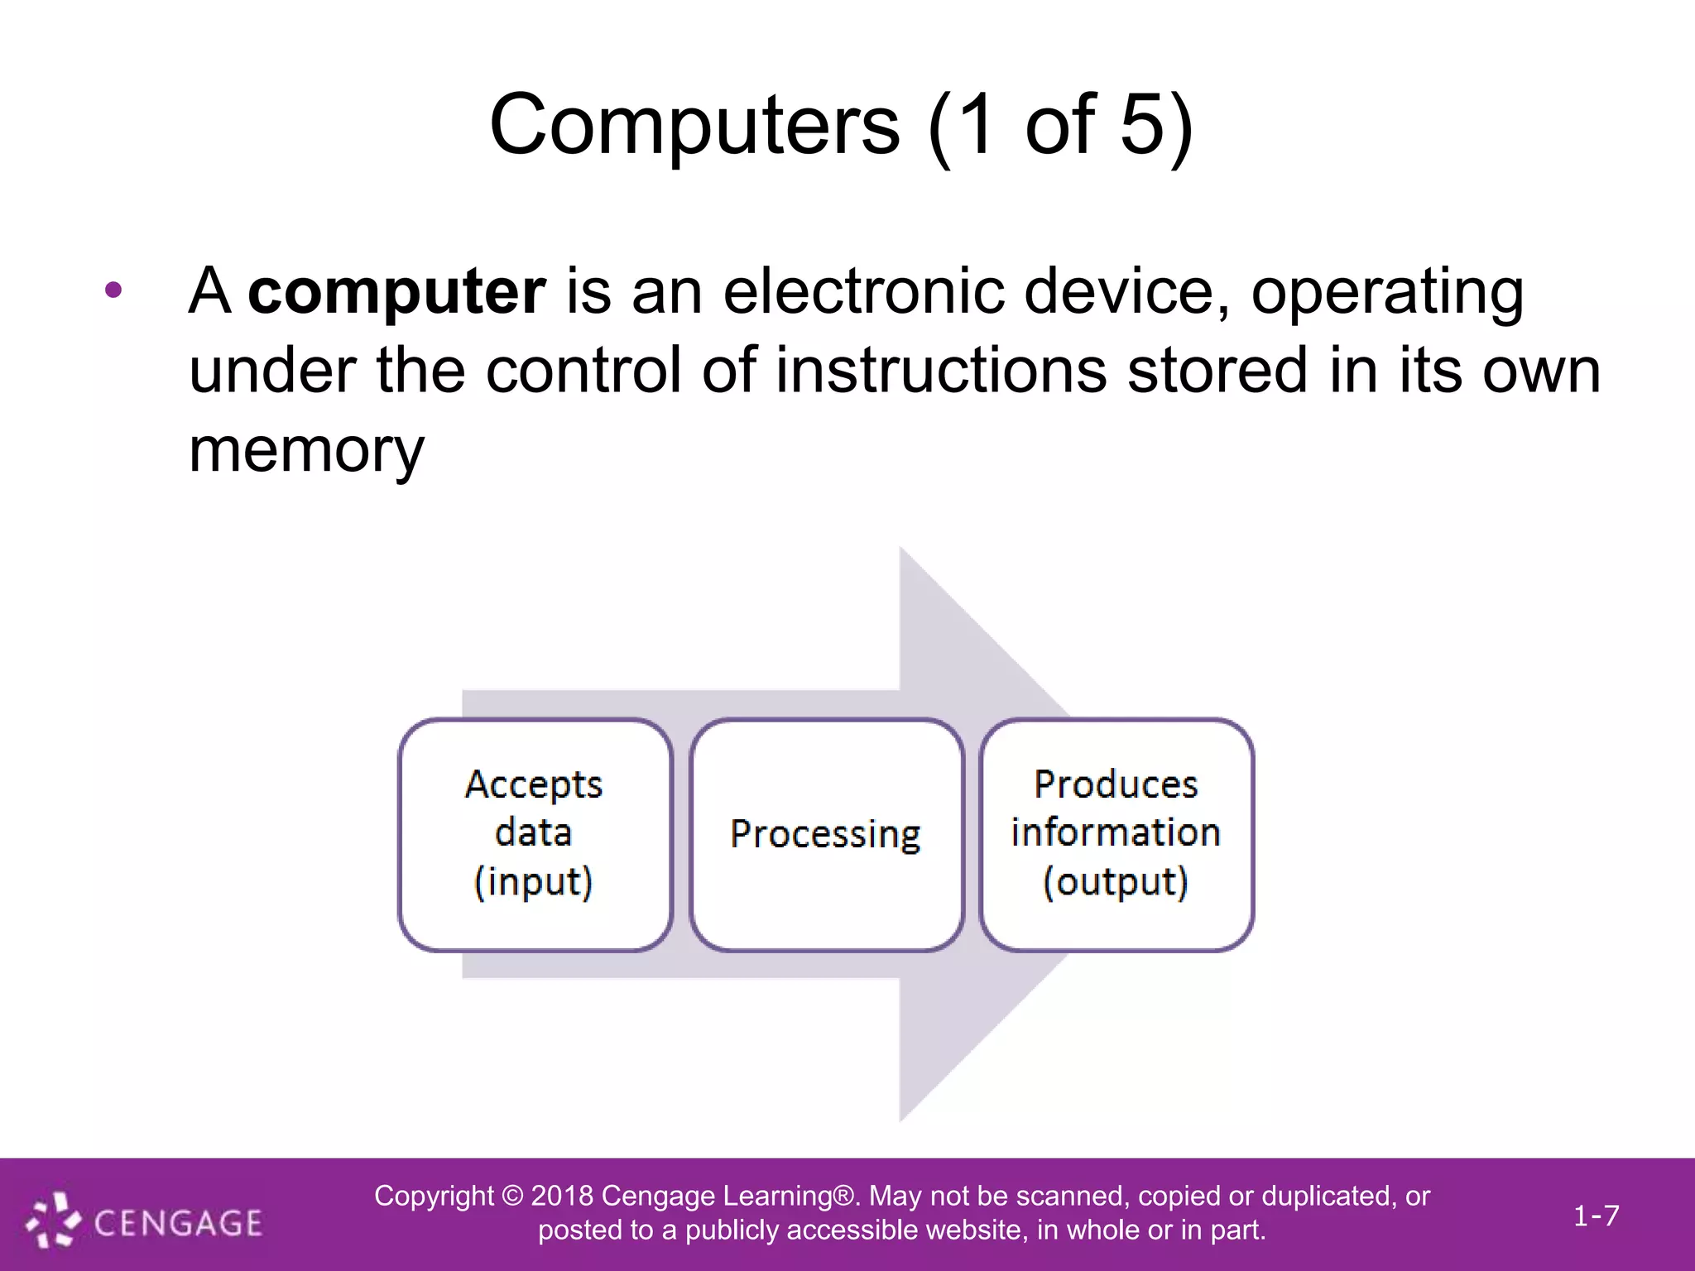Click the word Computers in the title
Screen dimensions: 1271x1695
(x=694, y=126)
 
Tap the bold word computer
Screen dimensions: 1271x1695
(x=396, y=291)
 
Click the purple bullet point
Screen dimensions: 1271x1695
(x=114, y=290)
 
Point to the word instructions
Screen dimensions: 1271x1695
(x=940, y=371)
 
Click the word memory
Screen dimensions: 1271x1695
(x=306, y=451)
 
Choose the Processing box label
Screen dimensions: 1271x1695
(x=825, y=834)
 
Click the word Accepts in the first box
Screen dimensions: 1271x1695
(x=534, y=784)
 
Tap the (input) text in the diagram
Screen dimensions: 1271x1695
(x=534, y=882)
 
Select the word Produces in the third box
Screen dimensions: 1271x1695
(x=1116, y=784)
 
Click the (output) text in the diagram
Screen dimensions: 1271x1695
(x=1116, y=882)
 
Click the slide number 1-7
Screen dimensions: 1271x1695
(x=1596, y=1216)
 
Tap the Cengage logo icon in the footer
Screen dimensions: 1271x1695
(x=53, y=1220)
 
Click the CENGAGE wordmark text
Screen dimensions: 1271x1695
(x=178, y=1223)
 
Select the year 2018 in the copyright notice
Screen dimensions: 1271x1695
(x=562, y=1196)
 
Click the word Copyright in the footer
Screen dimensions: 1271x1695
(x=434, y=1196)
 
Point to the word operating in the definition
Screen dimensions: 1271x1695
(x=1387, y=291)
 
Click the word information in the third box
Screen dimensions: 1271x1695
(x=1116, y=832)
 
